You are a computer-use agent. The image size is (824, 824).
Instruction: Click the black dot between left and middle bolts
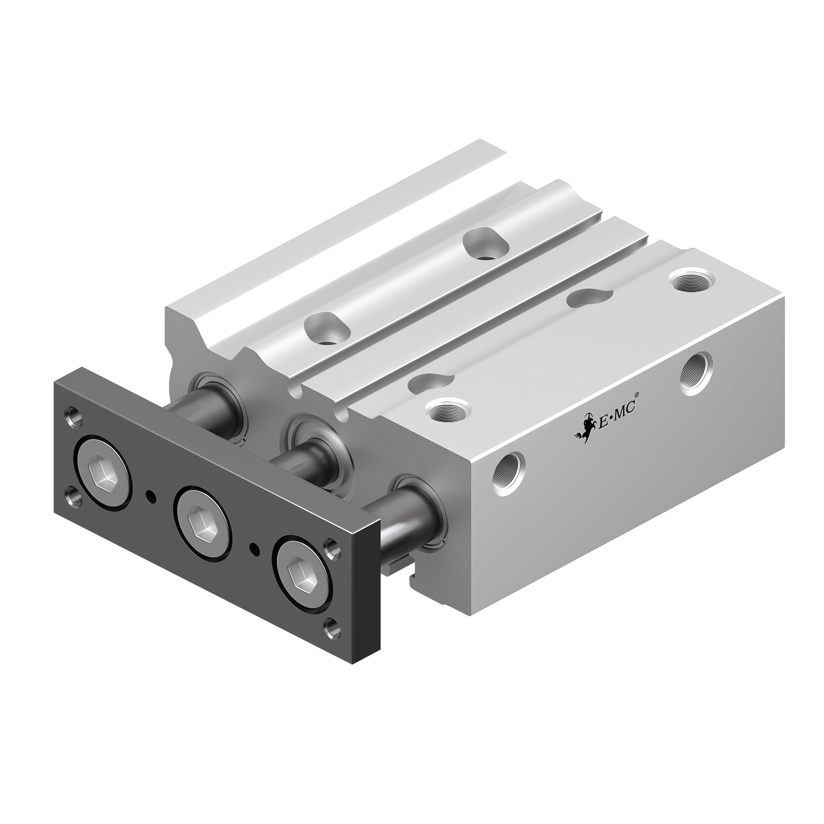(149, 497)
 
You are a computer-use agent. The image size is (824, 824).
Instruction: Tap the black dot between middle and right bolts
(253, 548)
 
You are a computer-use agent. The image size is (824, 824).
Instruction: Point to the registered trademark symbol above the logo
(637, 394)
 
